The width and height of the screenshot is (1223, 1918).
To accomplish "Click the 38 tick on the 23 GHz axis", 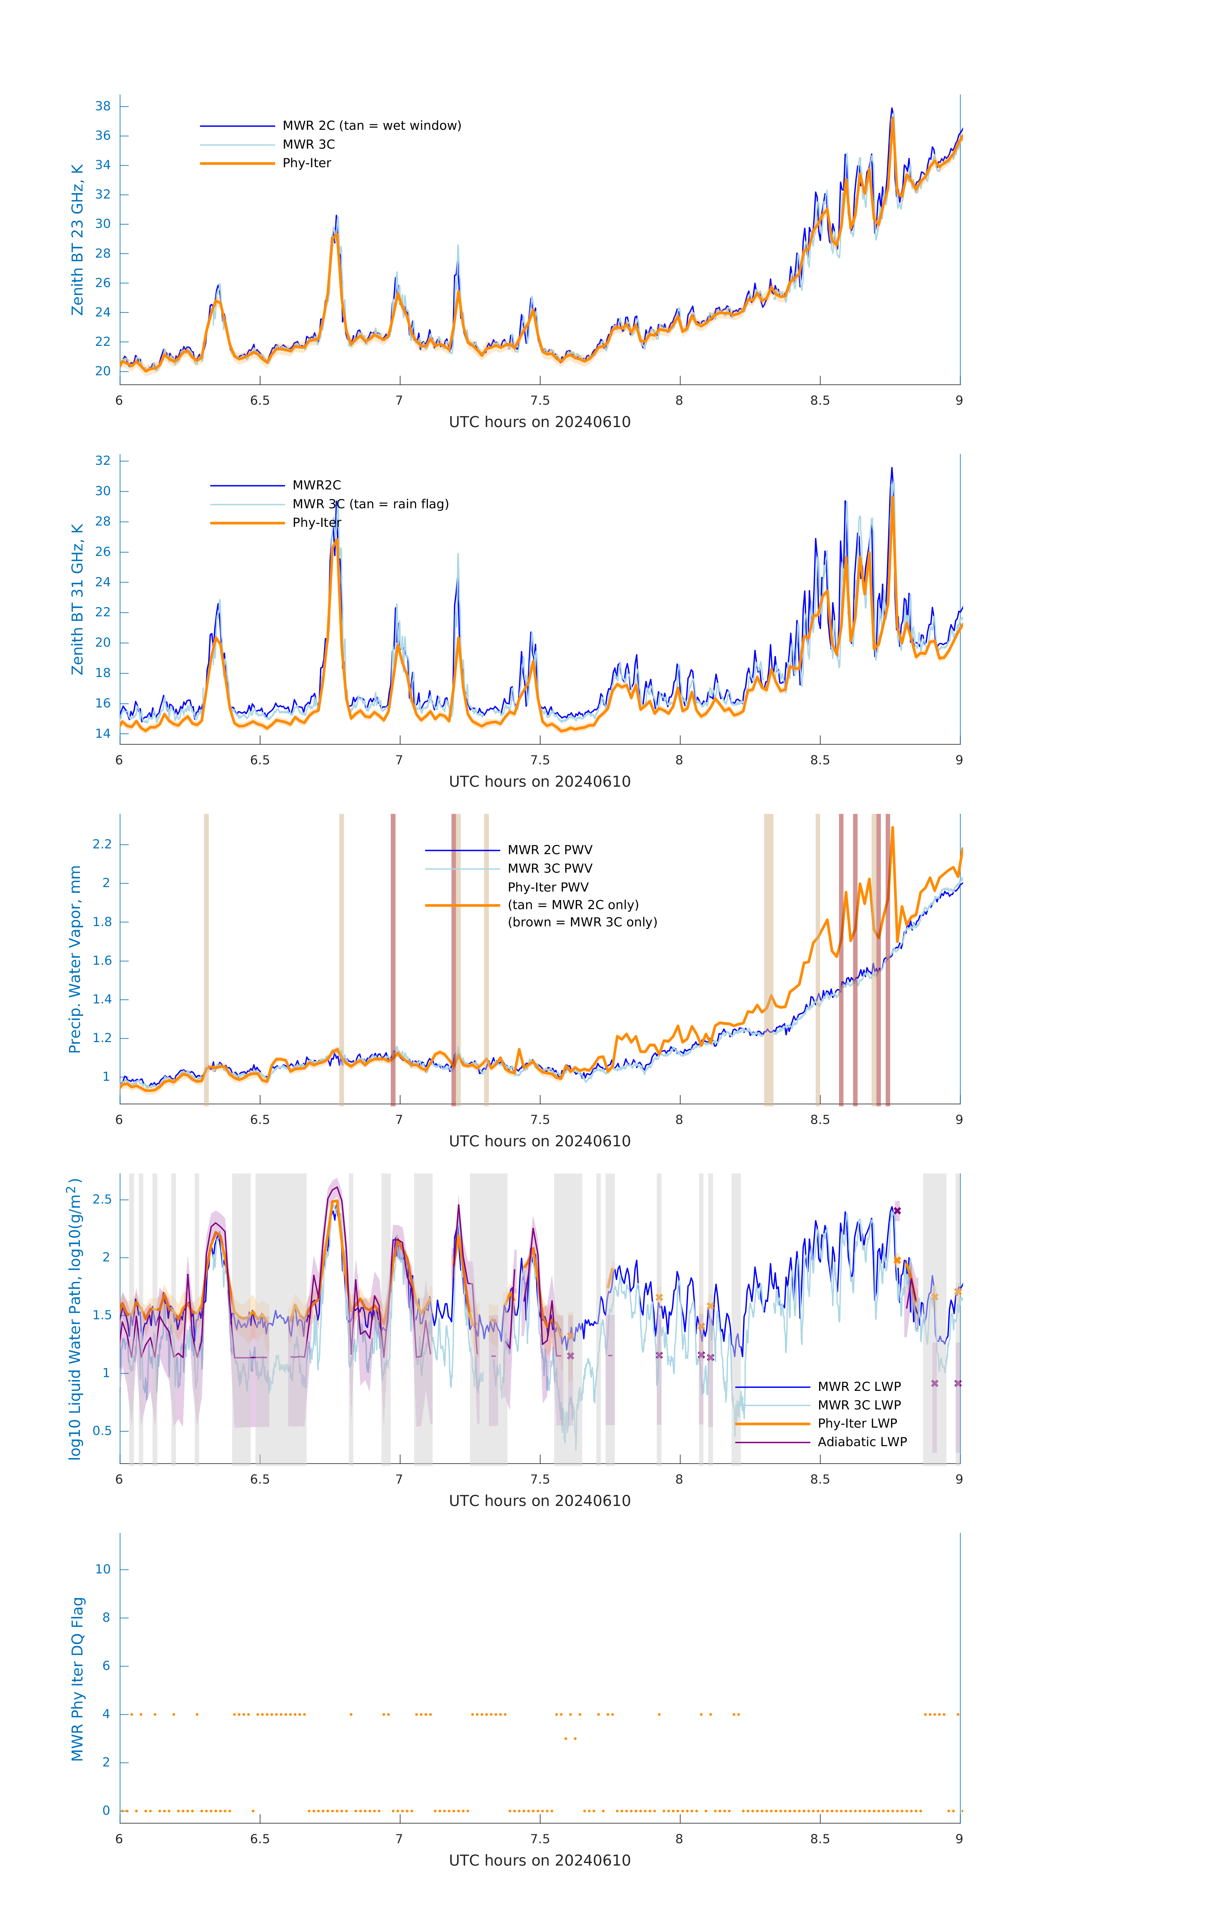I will [x=103, y=106].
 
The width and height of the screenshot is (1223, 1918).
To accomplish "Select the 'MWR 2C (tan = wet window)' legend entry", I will [x=371, y=126].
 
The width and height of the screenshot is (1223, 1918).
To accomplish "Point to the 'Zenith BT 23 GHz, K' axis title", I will [x=77, y=240].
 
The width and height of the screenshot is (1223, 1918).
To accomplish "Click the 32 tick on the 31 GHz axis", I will [x=103, y=460].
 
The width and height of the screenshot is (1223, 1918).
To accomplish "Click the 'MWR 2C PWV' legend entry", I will [x=550, y=850].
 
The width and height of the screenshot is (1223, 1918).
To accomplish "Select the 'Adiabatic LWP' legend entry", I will [x=862, y=1442].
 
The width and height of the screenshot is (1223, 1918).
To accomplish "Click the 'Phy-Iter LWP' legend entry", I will [x=857, y=1423].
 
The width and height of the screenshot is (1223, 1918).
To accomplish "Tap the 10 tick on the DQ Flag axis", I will [x=103, y=1569].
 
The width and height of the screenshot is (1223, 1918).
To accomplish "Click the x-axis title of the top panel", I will [x=539, y=422].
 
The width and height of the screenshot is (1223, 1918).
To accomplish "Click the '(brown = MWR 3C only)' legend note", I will [x=583, y=922].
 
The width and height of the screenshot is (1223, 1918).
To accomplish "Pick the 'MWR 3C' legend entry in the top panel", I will [x=308, y=144].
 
